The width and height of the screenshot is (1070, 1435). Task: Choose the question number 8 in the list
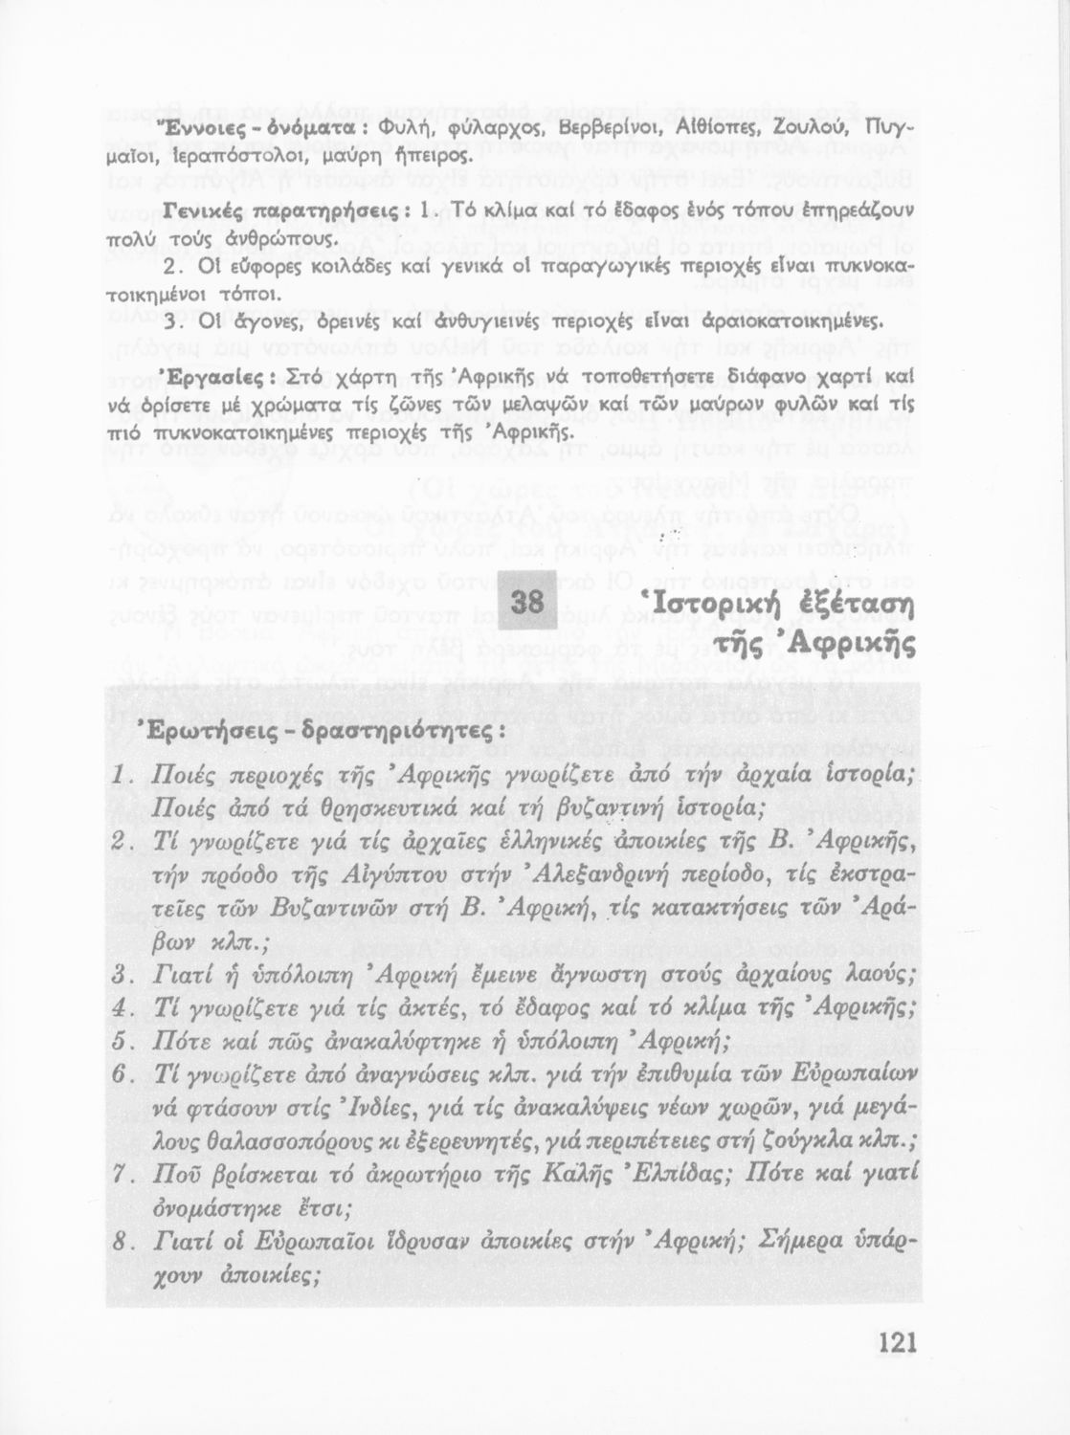point(120,1242)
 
